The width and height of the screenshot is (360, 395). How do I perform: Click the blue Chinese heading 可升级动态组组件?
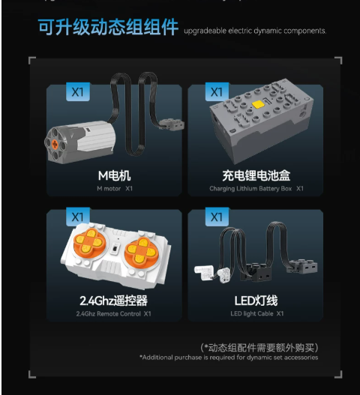pyautogui.click(x=109, y=27)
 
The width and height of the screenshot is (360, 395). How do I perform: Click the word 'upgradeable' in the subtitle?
pyautogui.click(x=205, y=31)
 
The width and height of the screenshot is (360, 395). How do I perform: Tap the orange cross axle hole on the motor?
pyautogui.click(x=55, y=145)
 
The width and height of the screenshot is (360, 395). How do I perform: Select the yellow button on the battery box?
pyautogui.click(x=259, y=104)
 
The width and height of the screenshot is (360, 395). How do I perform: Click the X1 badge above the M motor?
pyautogui.click(x=78, y=92)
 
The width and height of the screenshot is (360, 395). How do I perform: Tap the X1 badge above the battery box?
pyautogui.click(x=217, y=92)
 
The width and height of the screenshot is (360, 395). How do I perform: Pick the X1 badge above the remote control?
pyautogui.click(x=78, y=217)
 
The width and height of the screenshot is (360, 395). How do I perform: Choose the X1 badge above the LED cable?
pyautogui.click(x=217, y=217)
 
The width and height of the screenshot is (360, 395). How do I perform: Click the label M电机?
pyautogui.click(x=114, y=175)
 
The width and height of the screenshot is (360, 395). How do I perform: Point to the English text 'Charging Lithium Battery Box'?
pyautogui.click(x=250, y=189)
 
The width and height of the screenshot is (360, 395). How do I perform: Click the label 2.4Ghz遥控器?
pyautogui.click(x=113, y=301)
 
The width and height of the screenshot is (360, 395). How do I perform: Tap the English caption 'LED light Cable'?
pyautogui.click(x=252, y=313)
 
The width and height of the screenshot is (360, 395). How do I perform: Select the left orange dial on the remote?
pyautogui.click(x=89, y=243)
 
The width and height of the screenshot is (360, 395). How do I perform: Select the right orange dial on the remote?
pyautogui.click(x=142, y=250)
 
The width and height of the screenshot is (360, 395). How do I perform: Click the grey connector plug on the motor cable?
pyautogui.click(x=172, y=124)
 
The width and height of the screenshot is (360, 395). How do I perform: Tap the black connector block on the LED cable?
pyautogui.click(x=256, y=271)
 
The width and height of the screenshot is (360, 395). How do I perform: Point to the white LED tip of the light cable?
pyautogui.click(x=205, y=273)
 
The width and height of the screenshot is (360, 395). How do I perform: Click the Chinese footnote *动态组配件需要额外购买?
pyautogui.click(x=259, y=348)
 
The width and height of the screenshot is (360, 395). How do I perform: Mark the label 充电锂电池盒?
pyautogui.click(x=256, y=175)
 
